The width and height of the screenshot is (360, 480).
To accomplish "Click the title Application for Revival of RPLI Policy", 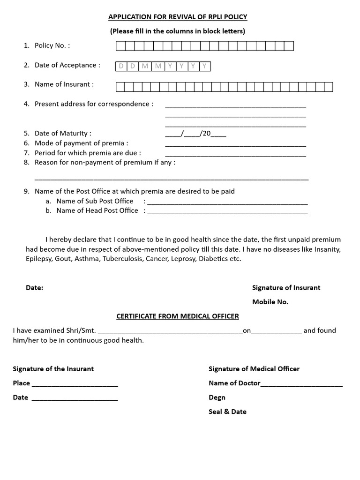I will [178, 17].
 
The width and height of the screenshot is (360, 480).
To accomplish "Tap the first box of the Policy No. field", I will [120, 46].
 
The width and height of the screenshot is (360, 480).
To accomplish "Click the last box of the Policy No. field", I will [289, 46].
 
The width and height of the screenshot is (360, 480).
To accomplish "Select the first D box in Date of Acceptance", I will [121, 67].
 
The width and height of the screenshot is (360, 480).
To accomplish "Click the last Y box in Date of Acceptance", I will [205, 67].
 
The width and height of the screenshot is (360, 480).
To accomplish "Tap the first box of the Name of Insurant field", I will [120, 87].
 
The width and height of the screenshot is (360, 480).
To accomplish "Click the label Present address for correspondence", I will [94, 104].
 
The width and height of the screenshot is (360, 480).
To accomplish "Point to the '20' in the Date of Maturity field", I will [206, 134].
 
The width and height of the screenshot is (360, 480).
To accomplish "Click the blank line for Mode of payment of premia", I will [235, 145].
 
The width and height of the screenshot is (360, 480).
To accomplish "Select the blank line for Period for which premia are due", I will [235, 155].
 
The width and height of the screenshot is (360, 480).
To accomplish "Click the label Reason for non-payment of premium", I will [105, 163].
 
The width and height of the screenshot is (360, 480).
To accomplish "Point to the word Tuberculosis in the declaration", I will [123, 259].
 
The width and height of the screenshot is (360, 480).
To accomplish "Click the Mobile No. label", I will [270, 302].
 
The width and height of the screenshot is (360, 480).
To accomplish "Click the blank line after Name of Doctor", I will [301, 385].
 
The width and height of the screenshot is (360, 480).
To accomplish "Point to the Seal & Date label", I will [227, 412].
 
